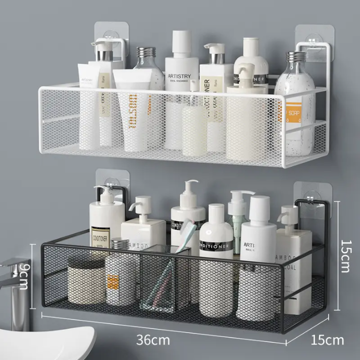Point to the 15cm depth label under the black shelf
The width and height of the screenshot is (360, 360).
(327, 340)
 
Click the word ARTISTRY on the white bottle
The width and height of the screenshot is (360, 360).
(181, 63)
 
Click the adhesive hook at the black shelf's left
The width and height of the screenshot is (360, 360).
(111, 185)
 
